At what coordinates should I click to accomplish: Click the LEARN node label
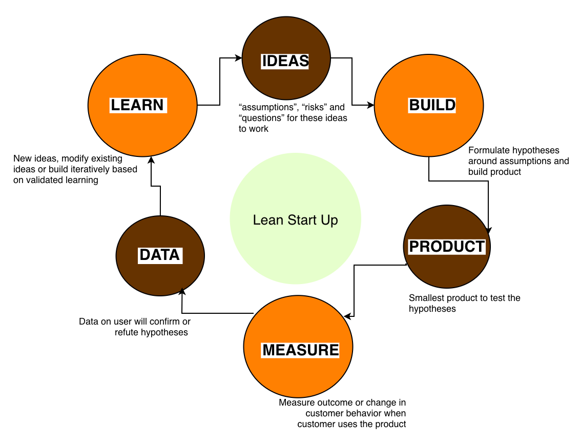[x=137, y=105]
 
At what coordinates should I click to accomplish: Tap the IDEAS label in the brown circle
[x=285, y=61]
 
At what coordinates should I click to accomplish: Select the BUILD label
[x=432, y=105]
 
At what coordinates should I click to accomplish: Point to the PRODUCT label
[x=447, y=246]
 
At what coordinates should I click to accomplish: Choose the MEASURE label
[x=301, y=350]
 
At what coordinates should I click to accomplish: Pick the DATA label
[x=160, y=255]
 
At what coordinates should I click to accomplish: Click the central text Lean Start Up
[x=296, y=220]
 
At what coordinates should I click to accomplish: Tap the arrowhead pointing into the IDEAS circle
[x=238, y=58]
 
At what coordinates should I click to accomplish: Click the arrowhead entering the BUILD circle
[x=371, y=106]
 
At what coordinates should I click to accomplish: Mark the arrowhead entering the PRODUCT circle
[x=488, y=230]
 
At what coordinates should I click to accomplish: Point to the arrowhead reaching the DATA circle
[x=181, y=291]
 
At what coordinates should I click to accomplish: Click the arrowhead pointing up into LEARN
[x=151, y=159]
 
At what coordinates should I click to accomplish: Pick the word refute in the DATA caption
[x=127, y=332]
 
